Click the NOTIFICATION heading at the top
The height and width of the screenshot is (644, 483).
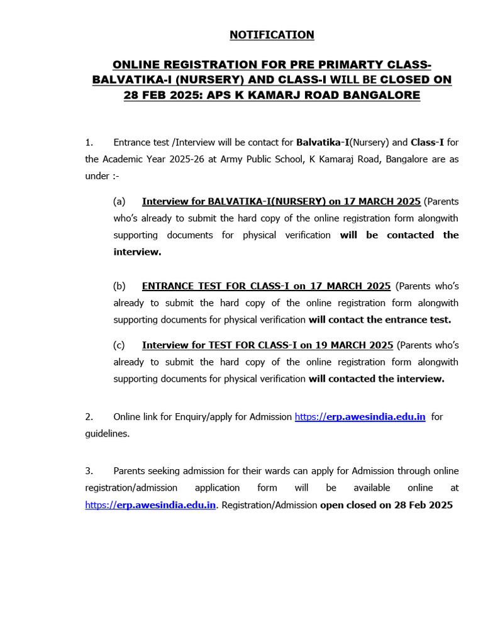click(271, 35)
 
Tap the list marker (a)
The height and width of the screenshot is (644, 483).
click(119, 201)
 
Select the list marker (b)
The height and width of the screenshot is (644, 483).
click(119, 286)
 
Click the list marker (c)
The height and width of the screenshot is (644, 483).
click(119, 345)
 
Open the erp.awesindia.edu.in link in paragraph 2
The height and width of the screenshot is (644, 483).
click(360, 417)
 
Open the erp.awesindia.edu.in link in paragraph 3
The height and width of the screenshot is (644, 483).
click(151, 505)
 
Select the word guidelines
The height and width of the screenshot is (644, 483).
click(107, 434)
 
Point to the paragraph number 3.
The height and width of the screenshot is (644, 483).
click(89, 471)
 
